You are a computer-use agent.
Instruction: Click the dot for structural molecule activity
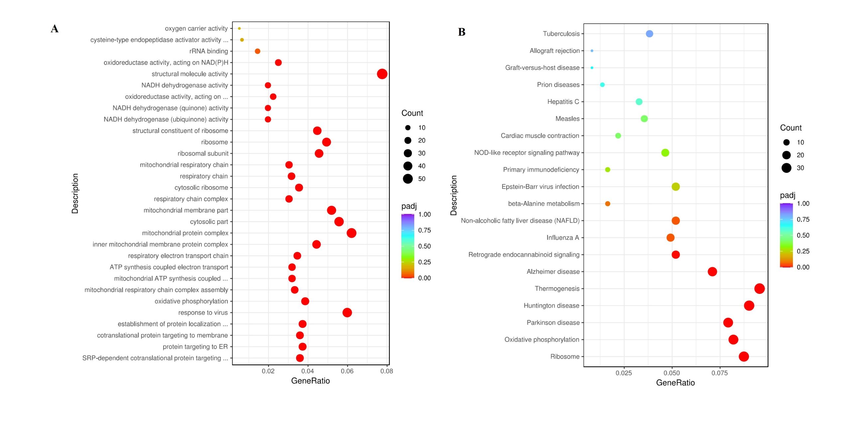382,74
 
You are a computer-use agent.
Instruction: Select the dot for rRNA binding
257,51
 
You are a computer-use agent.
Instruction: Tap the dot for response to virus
347,313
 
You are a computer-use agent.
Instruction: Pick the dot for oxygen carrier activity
239,29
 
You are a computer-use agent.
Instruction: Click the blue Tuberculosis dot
649,34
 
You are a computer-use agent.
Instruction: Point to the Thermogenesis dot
759,289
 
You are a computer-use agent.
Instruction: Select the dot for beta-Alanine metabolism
607,204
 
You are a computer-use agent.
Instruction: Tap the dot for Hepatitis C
639,102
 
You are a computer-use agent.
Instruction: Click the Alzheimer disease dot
712,272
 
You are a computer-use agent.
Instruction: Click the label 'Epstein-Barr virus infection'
540,187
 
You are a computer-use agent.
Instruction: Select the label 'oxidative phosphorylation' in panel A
191,301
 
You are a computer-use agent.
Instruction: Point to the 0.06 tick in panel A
347,371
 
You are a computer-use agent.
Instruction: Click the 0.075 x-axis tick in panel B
720,373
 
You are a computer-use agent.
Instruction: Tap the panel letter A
55,29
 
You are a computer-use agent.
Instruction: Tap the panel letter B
461,32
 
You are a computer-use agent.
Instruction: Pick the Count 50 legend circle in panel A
408,179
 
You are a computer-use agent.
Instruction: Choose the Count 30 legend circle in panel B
786,168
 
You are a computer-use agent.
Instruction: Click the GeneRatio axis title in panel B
675,383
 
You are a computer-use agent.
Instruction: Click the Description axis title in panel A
75,193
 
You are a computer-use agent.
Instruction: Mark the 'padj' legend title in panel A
409,206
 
